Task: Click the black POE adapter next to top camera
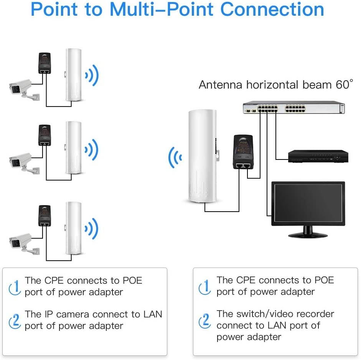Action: (45, 63)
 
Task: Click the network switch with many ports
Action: (293, 108)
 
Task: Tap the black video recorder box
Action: (318, 156)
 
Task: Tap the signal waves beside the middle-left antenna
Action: (92, 149)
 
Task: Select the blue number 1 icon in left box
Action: (15, 286)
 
